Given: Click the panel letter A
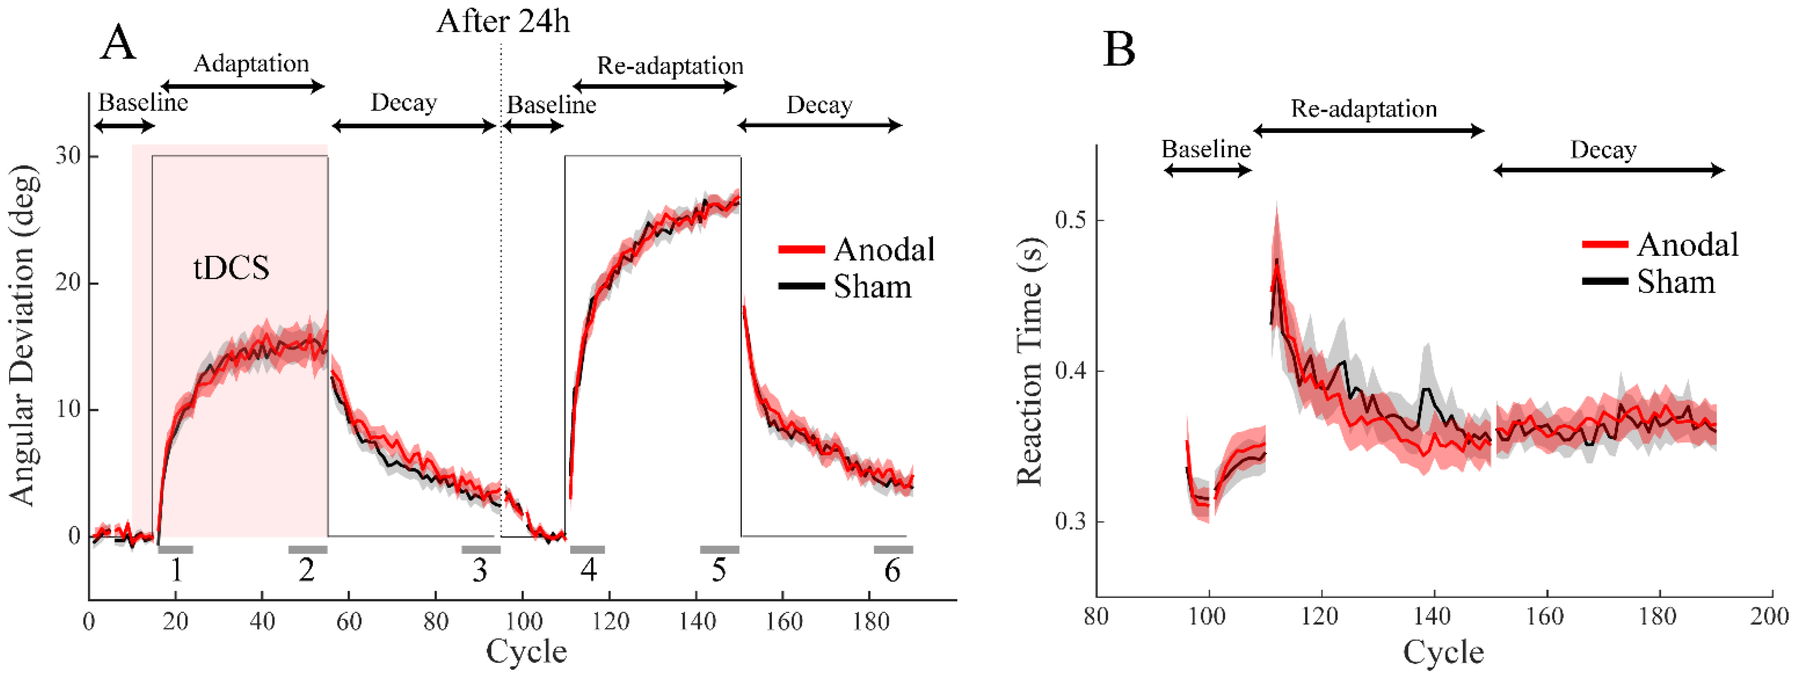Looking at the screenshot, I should pyautogui.click(x=118, y=43).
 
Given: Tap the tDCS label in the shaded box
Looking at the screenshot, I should pyautogui.click(x=231, y=268).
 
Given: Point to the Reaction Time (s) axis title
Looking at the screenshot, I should pyautogui.click(x=1030, y=362).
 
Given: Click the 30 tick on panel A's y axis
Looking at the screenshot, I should pyautogui.click(x=68, y=156).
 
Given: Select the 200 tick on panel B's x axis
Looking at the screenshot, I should pyautogui.click(x=1769, y=617).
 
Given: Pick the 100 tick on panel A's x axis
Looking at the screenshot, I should pyautogui.click(x=523, y=620).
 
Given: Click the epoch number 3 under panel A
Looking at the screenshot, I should pyautogui.click(x=480, y=571).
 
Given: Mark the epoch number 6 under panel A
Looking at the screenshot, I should pyautogui.click(x=892, y=571).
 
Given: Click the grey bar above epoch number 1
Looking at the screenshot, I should pyautogui.click(x=175, y=549).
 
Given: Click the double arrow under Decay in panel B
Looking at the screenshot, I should pyautogui.click(x=1608, y=170).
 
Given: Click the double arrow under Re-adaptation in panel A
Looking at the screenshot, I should pyautogui.click(x=654, y=86).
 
